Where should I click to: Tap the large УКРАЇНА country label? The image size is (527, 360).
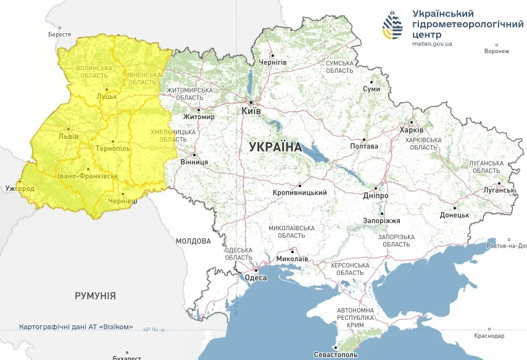point(275,147)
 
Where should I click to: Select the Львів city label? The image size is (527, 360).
point(68,136)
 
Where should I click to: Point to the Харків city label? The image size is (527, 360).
point(412,130)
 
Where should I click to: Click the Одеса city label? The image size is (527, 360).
point(256,278)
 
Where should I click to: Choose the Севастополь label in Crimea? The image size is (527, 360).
point(336,355)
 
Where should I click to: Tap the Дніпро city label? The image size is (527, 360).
point(376,195)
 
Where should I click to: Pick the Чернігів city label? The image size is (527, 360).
point(273,62)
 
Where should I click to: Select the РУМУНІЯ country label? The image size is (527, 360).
point(95,296)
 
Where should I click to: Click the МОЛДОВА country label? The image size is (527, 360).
point(193,241)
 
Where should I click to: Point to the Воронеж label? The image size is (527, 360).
point(497,51)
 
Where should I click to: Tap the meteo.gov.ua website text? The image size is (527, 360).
point(432,44)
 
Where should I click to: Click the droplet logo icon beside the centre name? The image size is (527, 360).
point(392,26)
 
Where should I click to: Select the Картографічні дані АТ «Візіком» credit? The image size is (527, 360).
point(76,326)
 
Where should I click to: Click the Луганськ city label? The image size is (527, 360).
point(499,190)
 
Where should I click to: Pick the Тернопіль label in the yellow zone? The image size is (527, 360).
point(113,149)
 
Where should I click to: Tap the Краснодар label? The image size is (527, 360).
point(489,336)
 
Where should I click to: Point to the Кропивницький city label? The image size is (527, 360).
point(299,193)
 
